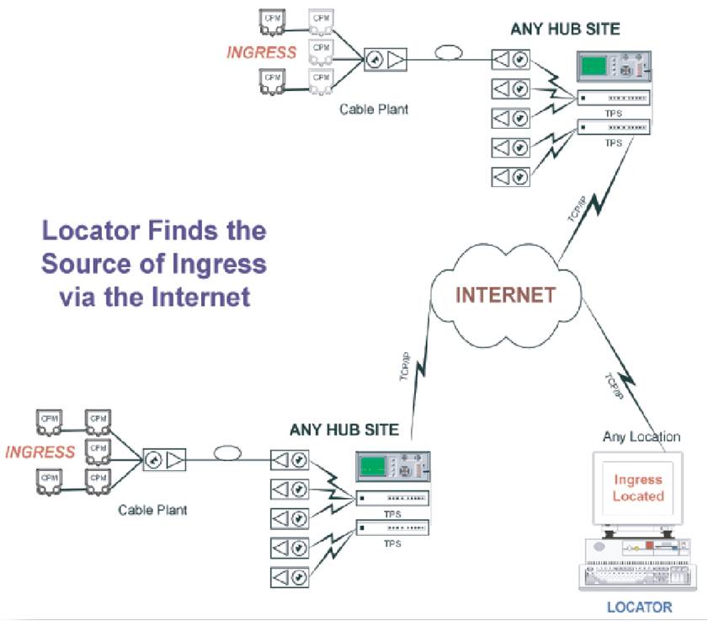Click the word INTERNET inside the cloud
coord(505,295)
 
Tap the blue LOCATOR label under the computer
coord(640,607)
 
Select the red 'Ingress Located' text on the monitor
coord(637,488)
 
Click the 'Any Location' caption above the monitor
coord(641,436)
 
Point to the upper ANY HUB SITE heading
coord(565,29)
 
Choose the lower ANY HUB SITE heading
coord(344,429)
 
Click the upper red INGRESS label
coord(262,52)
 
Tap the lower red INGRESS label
coord(40,452)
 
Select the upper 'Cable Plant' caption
coord(374,109)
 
